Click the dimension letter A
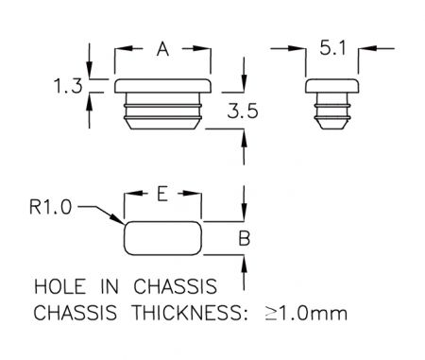coord(162,49)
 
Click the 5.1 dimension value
coord(332,48)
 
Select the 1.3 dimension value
coord(68,86)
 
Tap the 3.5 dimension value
coord(243,111)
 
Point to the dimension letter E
coord(161,194)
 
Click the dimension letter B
coord(245,238)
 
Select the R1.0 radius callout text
coord(50,207)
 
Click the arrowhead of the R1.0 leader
coord(118,219)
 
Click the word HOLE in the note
coord(59,286)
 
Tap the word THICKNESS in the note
coord(187,313)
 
